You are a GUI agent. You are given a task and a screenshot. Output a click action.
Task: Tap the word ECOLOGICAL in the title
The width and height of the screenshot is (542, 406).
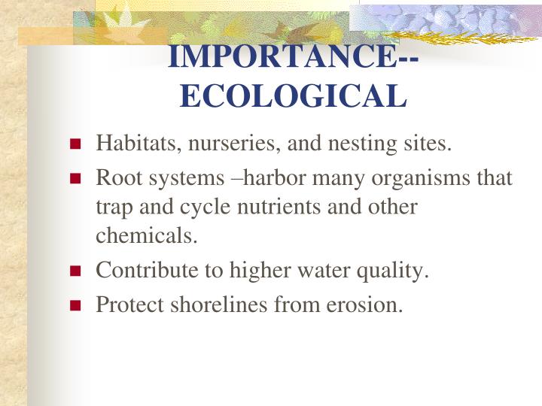pos(294,95)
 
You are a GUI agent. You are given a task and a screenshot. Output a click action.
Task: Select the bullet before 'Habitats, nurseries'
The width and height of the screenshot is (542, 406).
pos(75,144)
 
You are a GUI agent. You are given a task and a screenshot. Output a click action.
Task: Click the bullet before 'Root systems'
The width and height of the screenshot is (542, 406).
pos(75,179)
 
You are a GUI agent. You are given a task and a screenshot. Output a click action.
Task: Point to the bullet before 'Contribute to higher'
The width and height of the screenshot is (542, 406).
pos(75,272)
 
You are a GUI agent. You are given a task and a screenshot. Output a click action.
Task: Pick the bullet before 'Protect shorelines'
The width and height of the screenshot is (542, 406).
pos(75,306)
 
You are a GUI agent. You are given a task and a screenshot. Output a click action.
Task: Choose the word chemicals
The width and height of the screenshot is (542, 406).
pos(146,235)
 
